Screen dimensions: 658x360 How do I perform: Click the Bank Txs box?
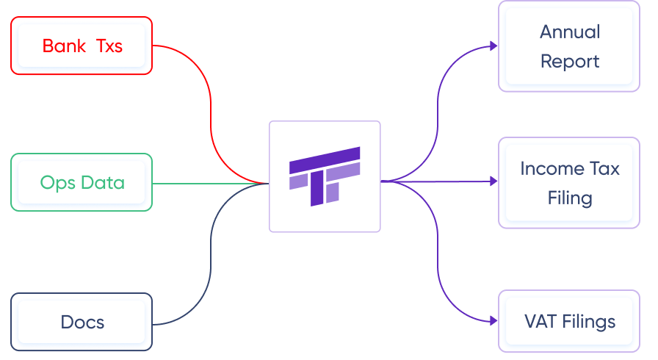coord(81,46)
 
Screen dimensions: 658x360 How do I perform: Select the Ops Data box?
coord(81,182)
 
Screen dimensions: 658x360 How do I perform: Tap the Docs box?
coord(81,322)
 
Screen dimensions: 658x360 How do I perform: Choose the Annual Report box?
coord(569,46)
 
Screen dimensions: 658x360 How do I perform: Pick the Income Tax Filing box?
coord(569,182)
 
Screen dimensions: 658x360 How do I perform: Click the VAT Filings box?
coord(569,321)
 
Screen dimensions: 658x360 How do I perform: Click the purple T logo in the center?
coord(325,176)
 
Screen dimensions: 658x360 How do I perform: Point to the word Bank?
coord(64,46)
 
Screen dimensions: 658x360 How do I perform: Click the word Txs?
coord(109,46)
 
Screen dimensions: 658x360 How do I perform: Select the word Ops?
coord(56,182)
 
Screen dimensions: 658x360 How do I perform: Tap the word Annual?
coord(570,32)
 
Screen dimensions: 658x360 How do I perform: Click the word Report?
coord(570,61)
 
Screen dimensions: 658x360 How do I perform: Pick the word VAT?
coord(540,321)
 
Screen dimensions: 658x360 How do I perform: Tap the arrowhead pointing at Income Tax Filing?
coord(493,181)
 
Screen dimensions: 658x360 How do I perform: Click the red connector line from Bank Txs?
coord(211,110)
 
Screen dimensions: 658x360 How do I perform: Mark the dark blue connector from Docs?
coord(211,257)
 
